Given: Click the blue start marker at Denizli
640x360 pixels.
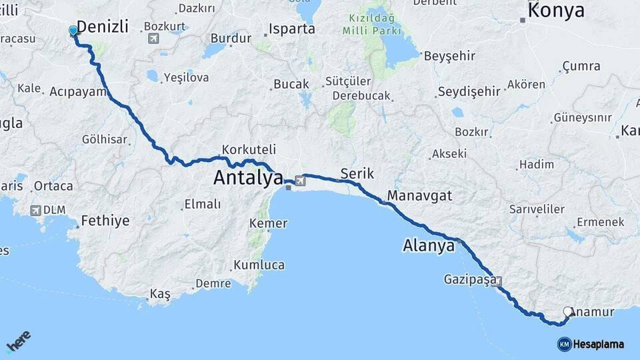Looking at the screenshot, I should coord(73,31).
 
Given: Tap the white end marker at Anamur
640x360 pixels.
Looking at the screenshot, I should coord(568,311).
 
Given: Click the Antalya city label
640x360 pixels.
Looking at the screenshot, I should coord(248,178).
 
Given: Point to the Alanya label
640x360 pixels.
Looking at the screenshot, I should coord(429,245).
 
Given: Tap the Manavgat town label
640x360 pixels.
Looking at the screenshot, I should coord(419,195).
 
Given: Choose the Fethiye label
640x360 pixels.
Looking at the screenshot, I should coord(105,221).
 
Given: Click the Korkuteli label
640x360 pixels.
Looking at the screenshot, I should coord(249,149).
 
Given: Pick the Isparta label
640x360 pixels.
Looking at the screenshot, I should coord(292,29).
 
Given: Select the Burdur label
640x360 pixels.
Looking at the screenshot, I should coord(231,38).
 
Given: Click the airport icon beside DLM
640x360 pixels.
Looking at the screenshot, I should coord(35,211).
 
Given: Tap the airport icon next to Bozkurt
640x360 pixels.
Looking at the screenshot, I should coord(153,38).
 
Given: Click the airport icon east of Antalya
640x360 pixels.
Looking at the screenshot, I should coord(299,180).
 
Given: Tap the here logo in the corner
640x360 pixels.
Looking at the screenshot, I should coord(18,342).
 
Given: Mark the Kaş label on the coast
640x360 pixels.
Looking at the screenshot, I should coord(160,293).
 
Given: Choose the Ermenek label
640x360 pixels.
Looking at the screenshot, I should coord(600,221).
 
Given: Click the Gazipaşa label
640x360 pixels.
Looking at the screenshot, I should coord(470,280).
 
